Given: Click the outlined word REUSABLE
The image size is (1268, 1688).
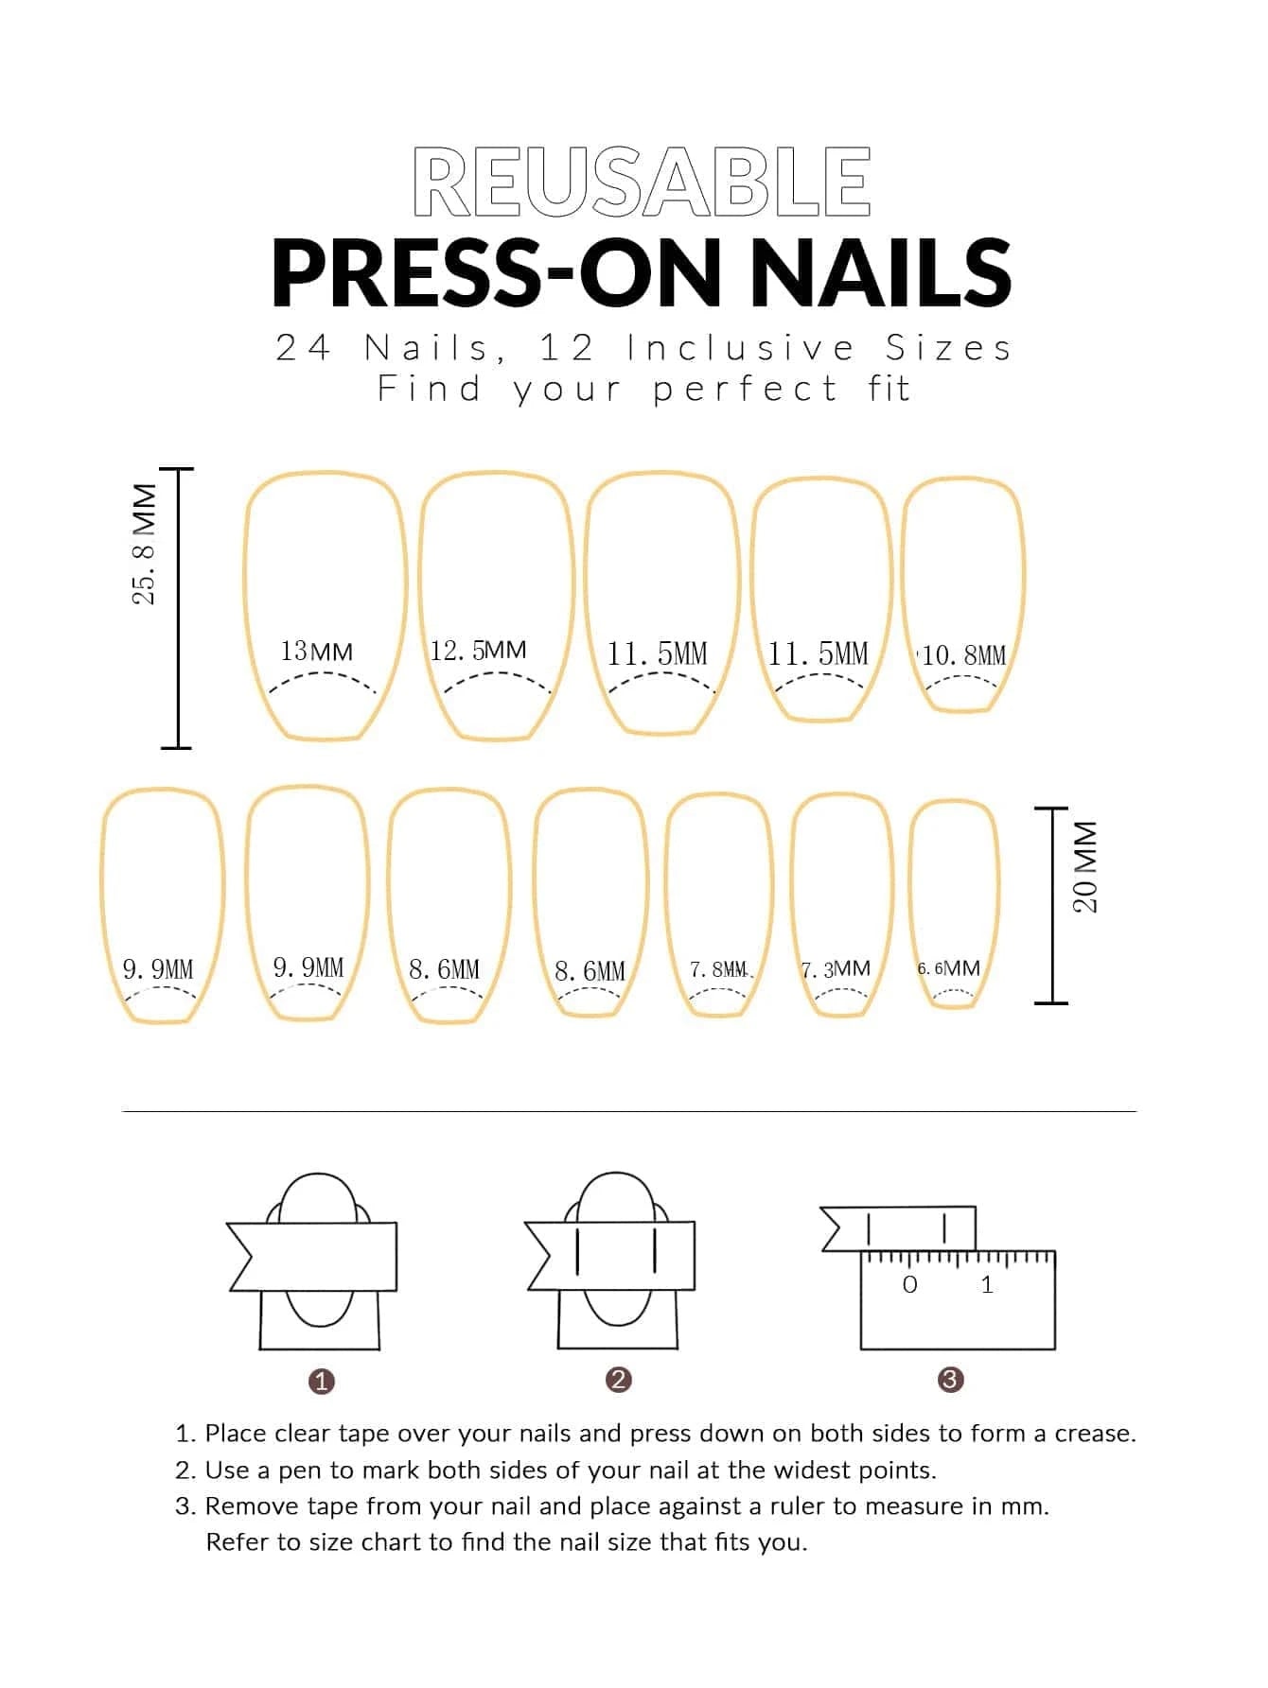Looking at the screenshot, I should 642,182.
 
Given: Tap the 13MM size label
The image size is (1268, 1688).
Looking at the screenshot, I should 316,652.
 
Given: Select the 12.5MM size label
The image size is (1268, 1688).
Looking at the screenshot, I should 478,651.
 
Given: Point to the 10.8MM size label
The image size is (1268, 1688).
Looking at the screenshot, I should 963,655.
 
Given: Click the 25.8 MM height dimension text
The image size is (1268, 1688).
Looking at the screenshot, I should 145,546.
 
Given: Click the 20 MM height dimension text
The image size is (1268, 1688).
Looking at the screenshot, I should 1085,867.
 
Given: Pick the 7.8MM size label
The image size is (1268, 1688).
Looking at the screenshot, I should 718,969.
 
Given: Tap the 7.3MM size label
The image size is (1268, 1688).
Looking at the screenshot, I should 836,969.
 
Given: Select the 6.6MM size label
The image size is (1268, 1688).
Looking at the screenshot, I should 948,968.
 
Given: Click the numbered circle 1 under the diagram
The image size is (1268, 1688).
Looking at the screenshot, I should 322,1382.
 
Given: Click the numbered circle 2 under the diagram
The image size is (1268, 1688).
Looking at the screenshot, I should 618,1380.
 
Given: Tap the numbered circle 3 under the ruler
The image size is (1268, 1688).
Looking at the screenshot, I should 950,1380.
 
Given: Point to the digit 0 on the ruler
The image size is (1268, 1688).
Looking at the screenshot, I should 910,1284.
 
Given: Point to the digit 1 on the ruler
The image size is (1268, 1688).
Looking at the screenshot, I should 987,1284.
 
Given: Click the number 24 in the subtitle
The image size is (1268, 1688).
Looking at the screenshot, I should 303,348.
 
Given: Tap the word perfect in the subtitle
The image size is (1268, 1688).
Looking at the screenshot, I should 745,389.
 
